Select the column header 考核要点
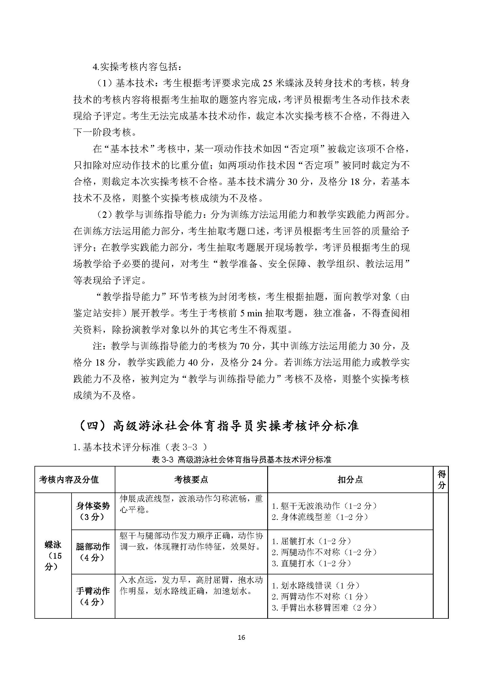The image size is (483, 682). (x=191, y=479)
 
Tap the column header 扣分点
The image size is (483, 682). (x=350, y=479)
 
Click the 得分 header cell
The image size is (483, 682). (x=441, y=479)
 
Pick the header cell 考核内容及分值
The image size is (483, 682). (x=69, y=479)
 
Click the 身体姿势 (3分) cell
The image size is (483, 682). (x=93, y=511)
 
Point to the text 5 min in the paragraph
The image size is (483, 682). (x=251, y=313)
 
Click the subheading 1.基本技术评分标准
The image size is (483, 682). (x=140, y=446)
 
